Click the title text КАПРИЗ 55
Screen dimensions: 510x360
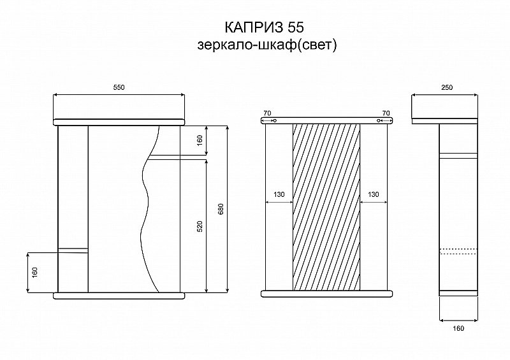(x=264, y=27)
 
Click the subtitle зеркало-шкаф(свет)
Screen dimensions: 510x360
(x=266, y=45)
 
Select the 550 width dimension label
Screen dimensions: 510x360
(x=119, y=87)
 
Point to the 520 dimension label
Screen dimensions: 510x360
(x=200, y=226)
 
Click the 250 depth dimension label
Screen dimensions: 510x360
(x=447, y=87)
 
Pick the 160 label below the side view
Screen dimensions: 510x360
(x=458, y=328)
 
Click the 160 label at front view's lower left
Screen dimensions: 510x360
(x=35, y=272)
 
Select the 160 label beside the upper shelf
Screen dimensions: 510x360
(x=200, y=140)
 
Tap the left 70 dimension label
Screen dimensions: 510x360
(x=267, y=113)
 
